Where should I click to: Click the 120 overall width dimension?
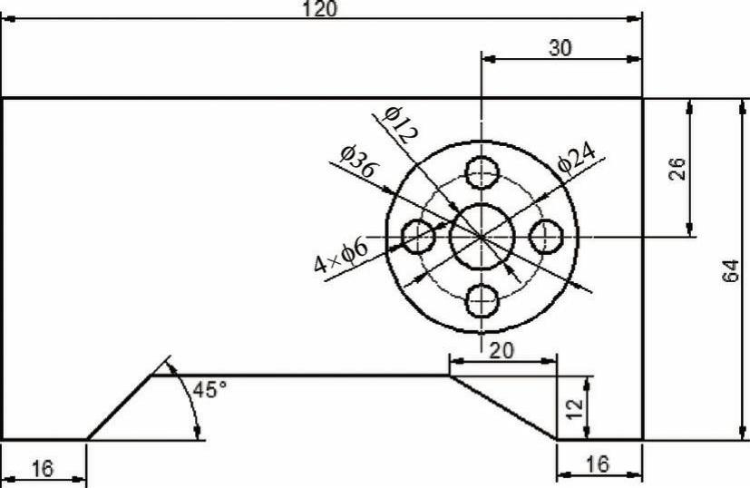coord(319,8)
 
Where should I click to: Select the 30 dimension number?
coord(560,48)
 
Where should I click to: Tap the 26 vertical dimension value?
coord(677,169)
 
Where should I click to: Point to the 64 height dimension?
coord(731,271)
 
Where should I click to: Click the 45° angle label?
coord(209,389)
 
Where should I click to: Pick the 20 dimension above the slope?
coord(502,351)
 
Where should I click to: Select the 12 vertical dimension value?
coord(575,407)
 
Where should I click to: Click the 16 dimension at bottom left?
coord(43,468)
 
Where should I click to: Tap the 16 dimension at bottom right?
coord(598,464)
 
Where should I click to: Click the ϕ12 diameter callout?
coord(400,125)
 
